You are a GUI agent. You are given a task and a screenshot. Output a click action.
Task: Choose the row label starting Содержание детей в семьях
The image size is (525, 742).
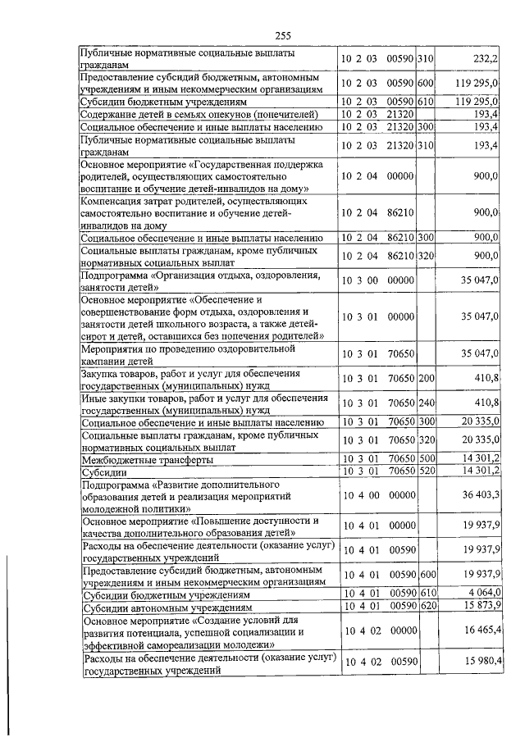point(180,114)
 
